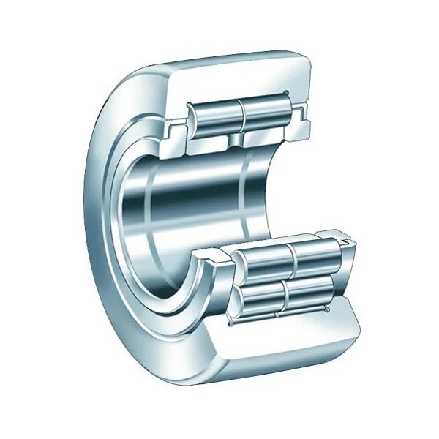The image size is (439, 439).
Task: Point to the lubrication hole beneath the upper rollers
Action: click(237, 138)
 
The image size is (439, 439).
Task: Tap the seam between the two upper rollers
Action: click(241, 115)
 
